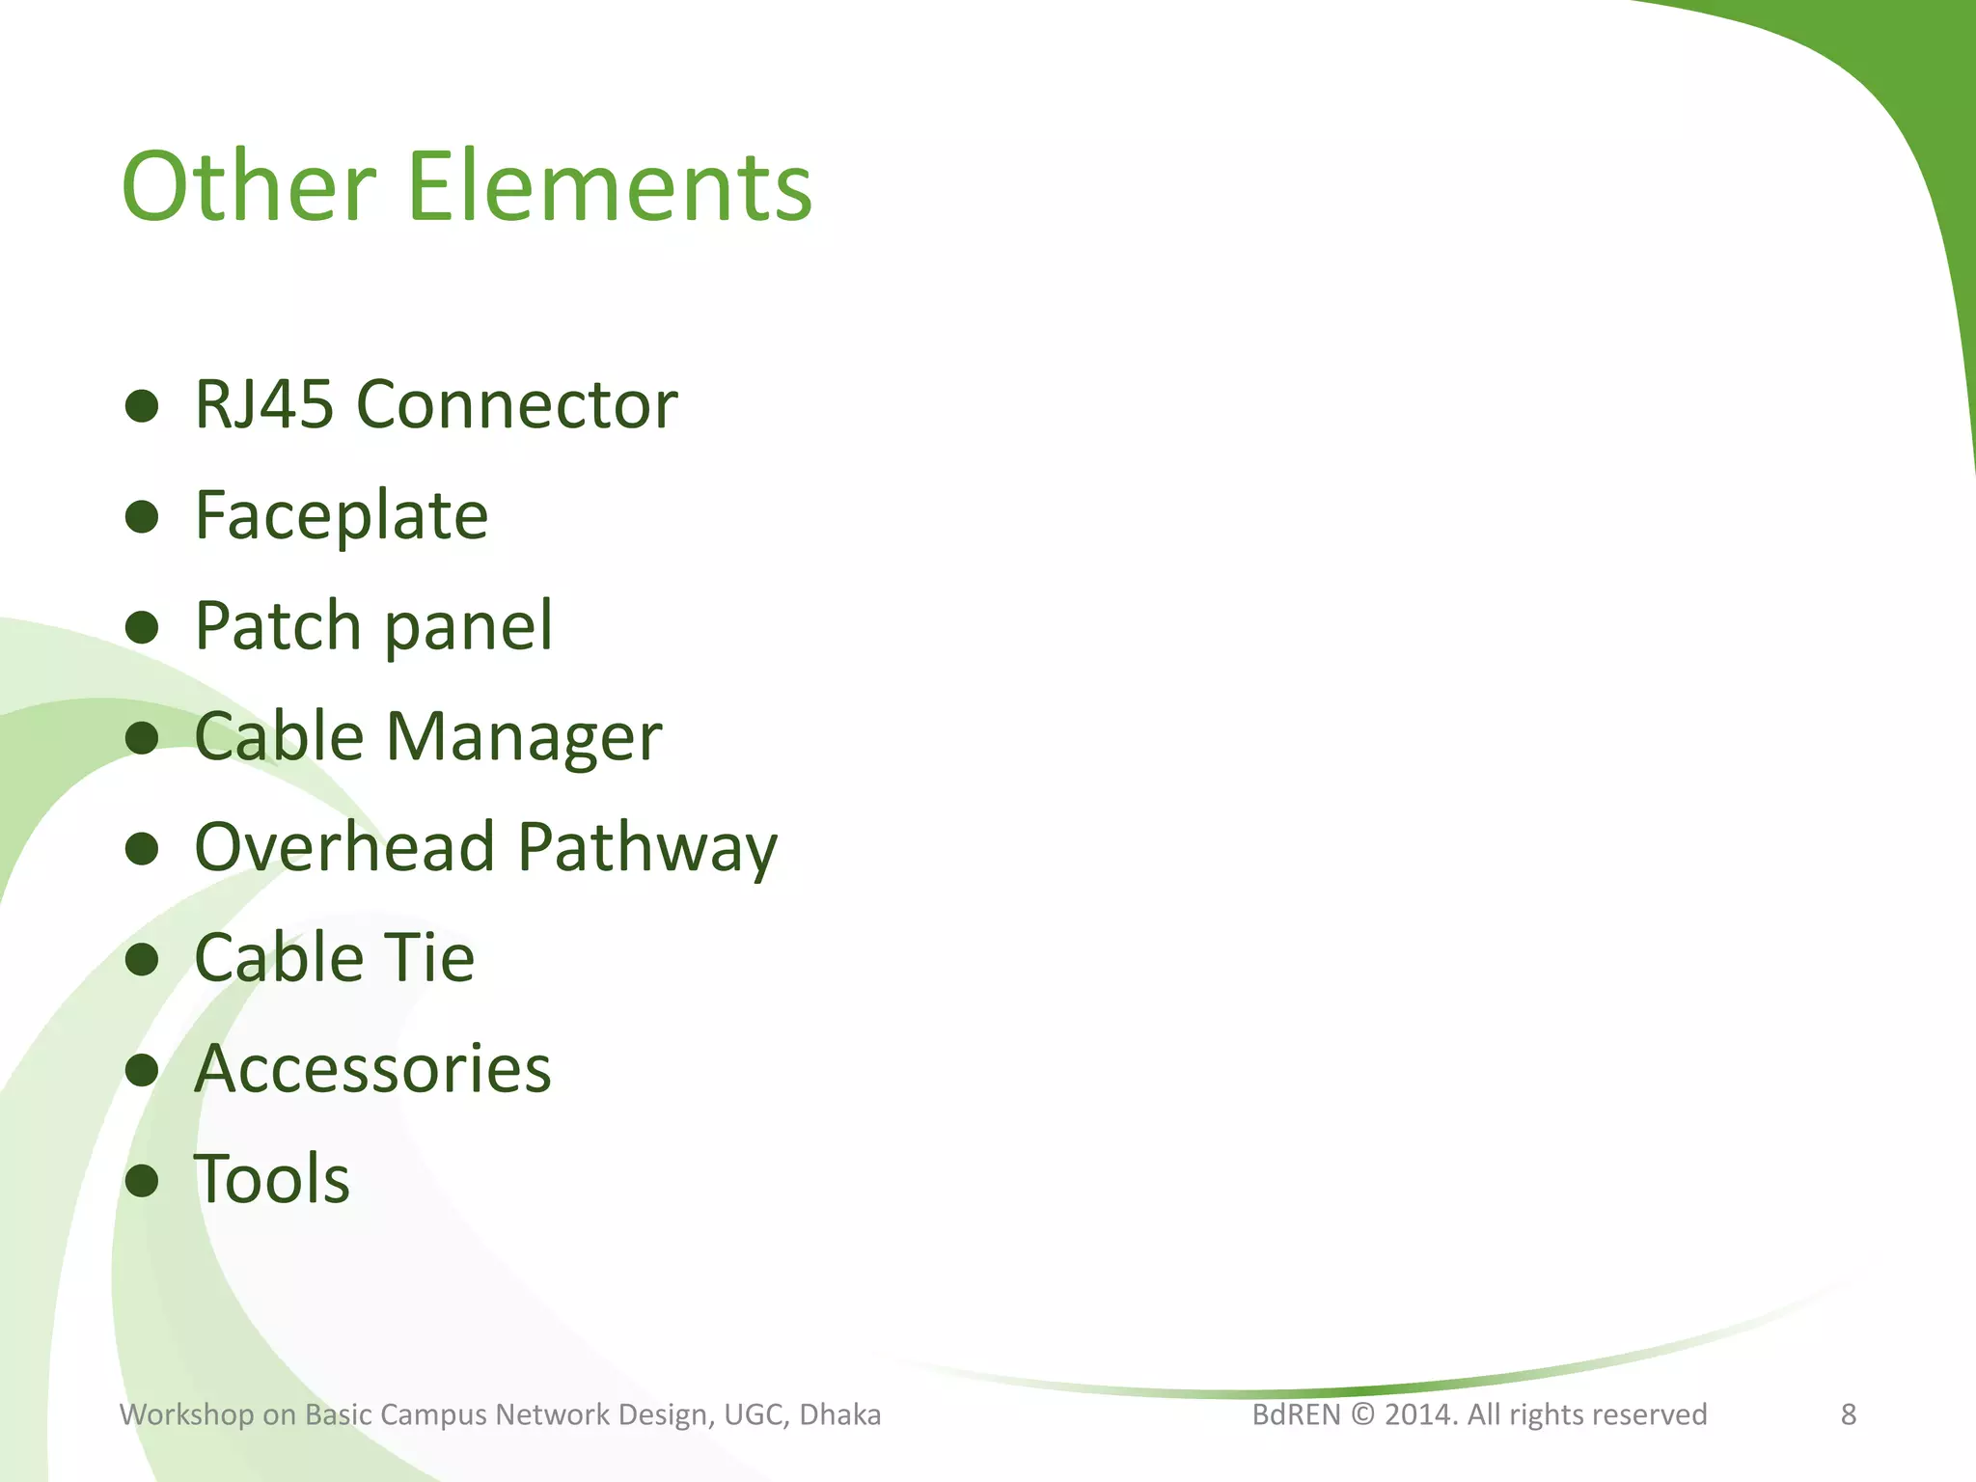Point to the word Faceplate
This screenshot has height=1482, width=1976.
coord(342,516)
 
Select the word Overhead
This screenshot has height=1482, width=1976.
coord(344,846)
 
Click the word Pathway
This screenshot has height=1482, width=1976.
coord(647,848)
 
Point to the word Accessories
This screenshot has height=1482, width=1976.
coord(372,1068)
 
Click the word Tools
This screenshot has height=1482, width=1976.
coord(272,1178)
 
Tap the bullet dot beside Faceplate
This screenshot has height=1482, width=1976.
coord(142,517)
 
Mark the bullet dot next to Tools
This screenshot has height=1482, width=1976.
coord(142,1180)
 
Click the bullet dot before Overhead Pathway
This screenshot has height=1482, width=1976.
coord(142,848)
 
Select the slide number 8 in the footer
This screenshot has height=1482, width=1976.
coord(1849,1414)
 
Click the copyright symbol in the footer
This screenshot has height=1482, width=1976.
coord(1362,1414)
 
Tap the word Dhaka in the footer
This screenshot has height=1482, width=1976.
coord(840,1414)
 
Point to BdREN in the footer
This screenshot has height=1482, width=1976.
coord(1296,1414)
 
